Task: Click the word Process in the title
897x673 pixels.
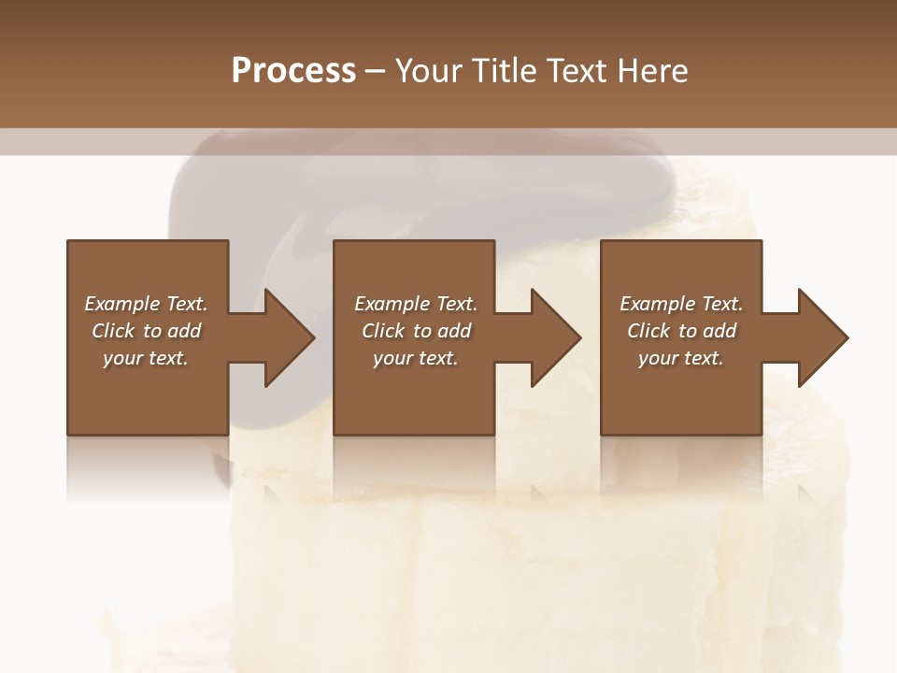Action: point(293,70)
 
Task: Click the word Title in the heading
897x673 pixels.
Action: point(505,70)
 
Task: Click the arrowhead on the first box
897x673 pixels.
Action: point(286,337)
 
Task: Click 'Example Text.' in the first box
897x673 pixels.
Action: point(146,304)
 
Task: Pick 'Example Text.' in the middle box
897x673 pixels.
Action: point(416,304)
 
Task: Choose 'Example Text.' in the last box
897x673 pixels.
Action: point(681,304)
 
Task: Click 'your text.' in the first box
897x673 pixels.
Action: point(146,358)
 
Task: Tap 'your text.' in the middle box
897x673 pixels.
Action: point(416,358)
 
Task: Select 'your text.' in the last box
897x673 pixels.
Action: point(681,358)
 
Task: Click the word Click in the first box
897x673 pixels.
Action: point(113,331)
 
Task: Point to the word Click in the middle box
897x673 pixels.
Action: point(383,331)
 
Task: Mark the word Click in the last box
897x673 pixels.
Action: point(648,331)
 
